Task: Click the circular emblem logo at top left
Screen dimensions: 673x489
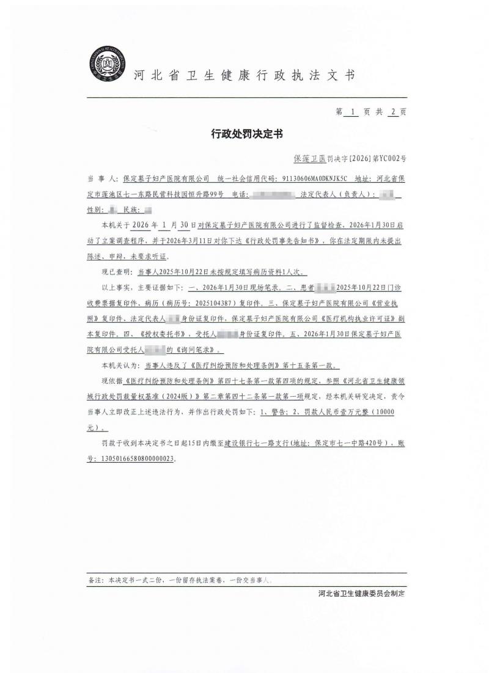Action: click(108, 64)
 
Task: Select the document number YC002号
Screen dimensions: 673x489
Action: click(392, 158)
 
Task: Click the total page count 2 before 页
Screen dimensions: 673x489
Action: click(393, 112)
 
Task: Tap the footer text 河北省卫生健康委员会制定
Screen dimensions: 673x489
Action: click(362, 594)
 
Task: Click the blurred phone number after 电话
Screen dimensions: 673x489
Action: click(273, 194)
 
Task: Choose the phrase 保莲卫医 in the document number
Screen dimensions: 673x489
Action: click(309, 158)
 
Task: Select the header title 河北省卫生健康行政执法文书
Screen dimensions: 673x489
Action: click(244, 75)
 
